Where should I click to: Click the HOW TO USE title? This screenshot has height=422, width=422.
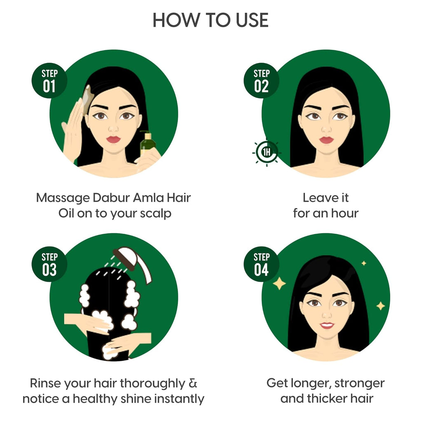point(211,20)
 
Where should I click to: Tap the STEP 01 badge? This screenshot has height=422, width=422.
point(49,81)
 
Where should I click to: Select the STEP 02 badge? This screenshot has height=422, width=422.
point(261,81)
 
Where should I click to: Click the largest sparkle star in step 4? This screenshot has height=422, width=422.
point(279,283)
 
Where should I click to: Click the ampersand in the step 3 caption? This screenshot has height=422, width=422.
point(192,383)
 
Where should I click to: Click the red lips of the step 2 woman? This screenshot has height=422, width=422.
point(326,140)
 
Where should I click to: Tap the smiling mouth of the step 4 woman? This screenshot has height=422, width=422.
point(326,325)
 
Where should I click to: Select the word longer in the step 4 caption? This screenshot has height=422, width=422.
point(309,383)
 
